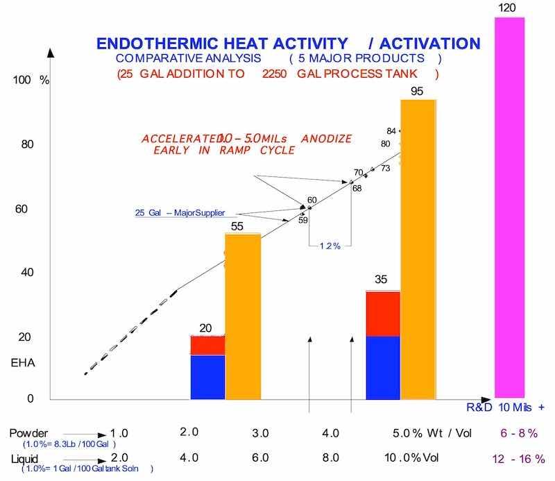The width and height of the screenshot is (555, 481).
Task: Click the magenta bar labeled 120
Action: [509, 208]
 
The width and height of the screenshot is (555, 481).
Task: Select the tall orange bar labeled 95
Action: [418, 250]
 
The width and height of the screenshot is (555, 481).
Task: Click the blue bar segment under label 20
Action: [207, 377]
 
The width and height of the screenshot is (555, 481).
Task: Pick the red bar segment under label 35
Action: [383, 313]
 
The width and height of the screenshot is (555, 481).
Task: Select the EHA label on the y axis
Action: [22, 363]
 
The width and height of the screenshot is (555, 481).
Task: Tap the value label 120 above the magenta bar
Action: [508, 8]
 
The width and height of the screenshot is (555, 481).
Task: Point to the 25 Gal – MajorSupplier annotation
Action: [185, 212]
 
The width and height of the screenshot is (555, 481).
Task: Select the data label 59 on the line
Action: [302, 221]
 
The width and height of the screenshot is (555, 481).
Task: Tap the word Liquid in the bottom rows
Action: [25, 459]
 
